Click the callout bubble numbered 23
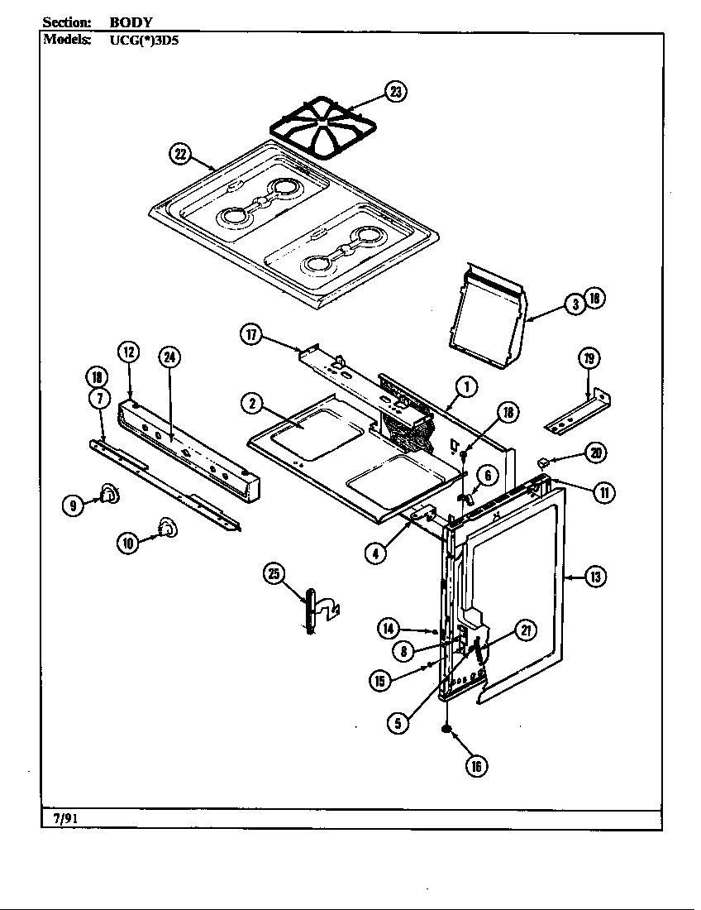point(397,93)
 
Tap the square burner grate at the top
point(322,132)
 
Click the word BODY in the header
point(131,22)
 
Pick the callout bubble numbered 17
point(251,334)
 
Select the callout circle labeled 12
point(128,352)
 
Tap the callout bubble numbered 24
point(169,357)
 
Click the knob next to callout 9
point(108,495)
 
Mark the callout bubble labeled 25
point(274,573)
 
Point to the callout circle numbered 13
point(595,577)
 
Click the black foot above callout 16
point(447,729)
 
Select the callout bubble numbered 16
point(475,766)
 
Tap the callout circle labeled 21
point(525,630)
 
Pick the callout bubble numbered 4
point(376,553)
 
